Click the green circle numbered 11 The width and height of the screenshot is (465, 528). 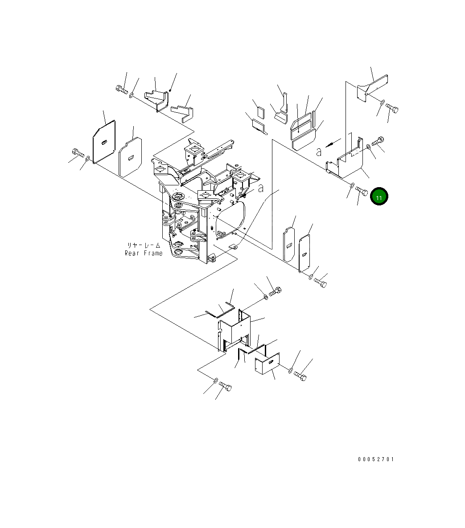(x=379, y=196)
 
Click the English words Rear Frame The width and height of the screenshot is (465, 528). (x=144, y=253)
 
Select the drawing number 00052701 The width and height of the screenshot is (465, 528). (x=376, y=459)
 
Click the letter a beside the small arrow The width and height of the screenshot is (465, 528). (x=318, y=152)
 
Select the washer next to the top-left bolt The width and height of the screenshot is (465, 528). (x=132, y=95)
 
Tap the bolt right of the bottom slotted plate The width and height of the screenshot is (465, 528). (x=300, y=377)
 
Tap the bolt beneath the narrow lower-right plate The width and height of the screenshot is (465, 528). (x=320, y=282)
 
